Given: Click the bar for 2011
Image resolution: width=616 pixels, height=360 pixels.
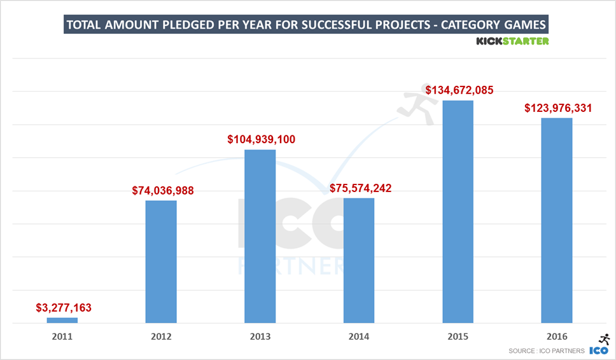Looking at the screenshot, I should (x=62, y=320).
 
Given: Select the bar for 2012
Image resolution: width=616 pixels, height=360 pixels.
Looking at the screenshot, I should (x=161, y=261).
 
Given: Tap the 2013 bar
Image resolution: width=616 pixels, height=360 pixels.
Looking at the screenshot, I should (x=260, y=236).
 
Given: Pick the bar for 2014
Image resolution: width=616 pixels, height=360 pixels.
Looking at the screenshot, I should (x=359, y=260).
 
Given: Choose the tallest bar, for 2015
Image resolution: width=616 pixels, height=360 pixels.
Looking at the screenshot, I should (x=458, y=212).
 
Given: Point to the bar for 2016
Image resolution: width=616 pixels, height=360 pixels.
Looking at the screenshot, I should (x=557, y=220).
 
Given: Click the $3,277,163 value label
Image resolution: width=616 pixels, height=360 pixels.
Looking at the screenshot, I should (x=63, y=308).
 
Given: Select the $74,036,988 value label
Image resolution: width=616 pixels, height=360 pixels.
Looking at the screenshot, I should (x=163, y=190).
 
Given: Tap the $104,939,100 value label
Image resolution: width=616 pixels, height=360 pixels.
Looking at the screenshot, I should (x=261, y=139).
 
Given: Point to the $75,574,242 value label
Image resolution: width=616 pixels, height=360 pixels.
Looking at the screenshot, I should (x=361, y=188).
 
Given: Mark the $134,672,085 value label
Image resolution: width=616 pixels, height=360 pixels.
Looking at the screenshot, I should (x=460, y=90).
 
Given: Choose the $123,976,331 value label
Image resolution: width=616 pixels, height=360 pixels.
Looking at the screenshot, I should (x=558, y=107).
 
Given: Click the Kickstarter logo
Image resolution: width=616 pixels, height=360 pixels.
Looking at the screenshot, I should (x=512, y=41).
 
